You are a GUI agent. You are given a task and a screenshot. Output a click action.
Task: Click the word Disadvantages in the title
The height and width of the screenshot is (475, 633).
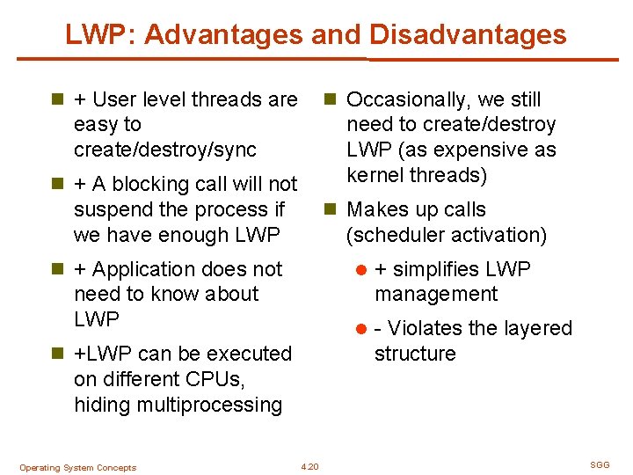pos(469,34)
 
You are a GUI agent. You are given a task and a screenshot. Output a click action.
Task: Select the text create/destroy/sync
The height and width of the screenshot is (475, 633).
pos(165,150)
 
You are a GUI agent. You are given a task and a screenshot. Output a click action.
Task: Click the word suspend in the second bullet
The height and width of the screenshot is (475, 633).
pos(111,209)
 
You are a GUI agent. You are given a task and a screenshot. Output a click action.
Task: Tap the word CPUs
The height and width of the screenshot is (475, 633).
pos(216,379)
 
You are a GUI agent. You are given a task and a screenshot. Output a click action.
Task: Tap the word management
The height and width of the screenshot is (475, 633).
pos(436,294)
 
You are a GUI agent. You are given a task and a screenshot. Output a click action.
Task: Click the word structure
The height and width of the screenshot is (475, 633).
pos(415,354)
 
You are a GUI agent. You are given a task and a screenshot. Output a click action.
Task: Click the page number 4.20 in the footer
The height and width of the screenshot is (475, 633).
pos(309,466)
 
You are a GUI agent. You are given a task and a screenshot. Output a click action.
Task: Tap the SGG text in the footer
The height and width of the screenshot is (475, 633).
pos(600,464)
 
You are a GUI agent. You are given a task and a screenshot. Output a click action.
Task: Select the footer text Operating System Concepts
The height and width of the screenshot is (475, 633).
pos(77,468)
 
